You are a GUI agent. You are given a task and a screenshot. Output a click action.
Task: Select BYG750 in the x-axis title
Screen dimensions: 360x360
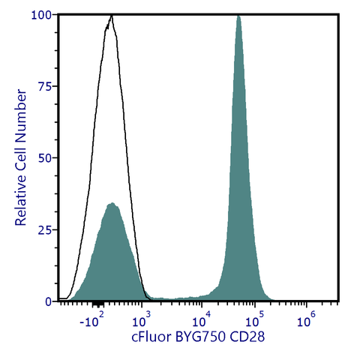point(198,338)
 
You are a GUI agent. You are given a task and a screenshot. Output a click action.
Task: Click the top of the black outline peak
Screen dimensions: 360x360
point(112,15)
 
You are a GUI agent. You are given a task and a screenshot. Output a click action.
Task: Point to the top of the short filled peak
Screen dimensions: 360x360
point(112,202)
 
